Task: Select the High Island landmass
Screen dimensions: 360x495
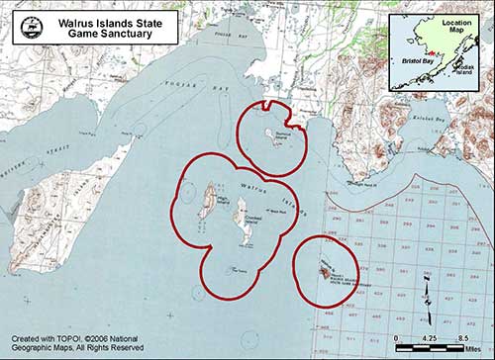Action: [x=207, y=204]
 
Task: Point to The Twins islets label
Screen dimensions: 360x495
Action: [x=239, y=269]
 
